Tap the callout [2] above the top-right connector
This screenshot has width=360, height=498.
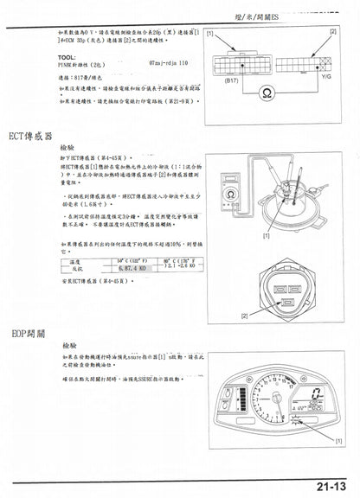click(x=331, y=30)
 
